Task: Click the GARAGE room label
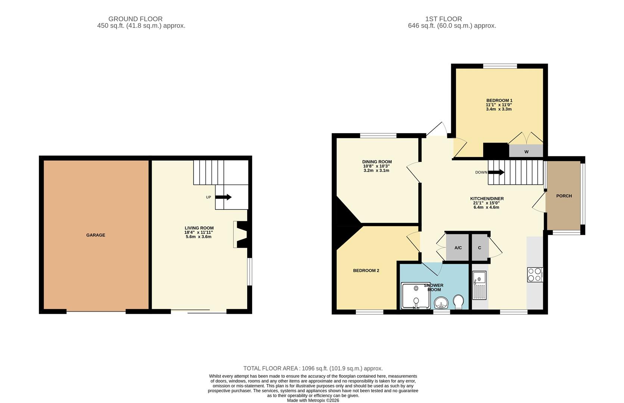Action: [96, 235]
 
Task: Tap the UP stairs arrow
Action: [223, 197]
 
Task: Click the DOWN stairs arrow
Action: [496, 172]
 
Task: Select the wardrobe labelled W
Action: [526, 151]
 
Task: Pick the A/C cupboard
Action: [458, 247]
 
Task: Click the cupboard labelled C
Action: [480, 247]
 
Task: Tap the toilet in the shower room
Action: [458, 302]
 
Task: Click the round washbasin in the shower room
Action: [441, 303]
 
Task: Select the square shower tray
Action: [416, 296]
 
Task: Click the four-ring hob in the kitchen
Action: [535, 274]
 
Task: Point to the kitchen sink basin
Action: [479, 278]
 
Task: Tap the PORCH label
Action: [564, 196]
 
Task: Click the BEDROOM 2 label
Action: [366, 271]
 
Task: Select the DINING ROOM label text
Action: [377, 162]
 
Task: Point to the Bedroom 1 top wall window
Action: [500, 66]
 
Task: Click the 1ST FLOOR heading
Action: [444, 19]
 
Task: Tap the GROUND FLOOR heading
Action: [136, 19]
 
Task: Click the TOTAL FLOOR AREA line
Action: [313, 369]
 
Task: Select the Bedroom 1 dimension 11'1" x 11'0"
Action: [499, 105]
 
